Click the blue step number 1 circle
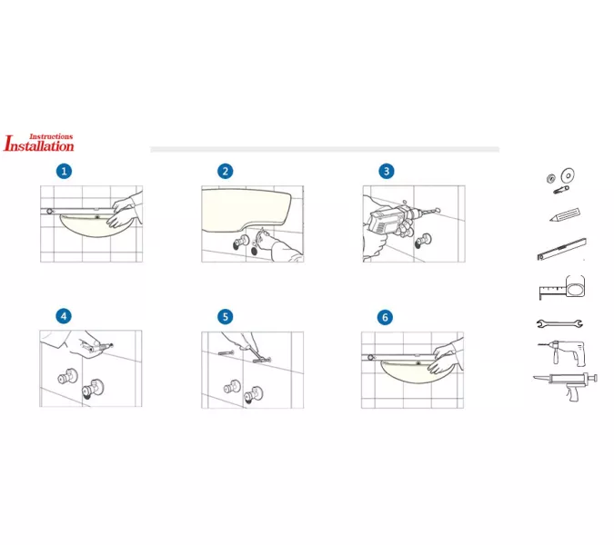64,172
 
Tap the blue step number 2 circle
226,172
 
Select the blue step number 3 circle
387,172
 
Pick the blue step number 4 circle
64,316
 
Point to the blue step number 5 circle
226,317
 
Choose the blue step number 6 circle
385,317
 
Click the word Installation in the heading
39,145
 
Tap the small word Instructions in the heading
51,136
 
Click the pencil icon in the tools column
565,214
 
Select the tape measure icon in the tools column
562,288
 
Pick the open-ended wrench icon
559,323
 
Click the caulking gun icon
566,386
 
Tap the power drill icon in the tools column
562,353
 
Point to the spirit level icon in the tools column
562,249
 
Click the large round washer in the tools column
568,175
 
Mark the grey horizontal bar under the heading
325,149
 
